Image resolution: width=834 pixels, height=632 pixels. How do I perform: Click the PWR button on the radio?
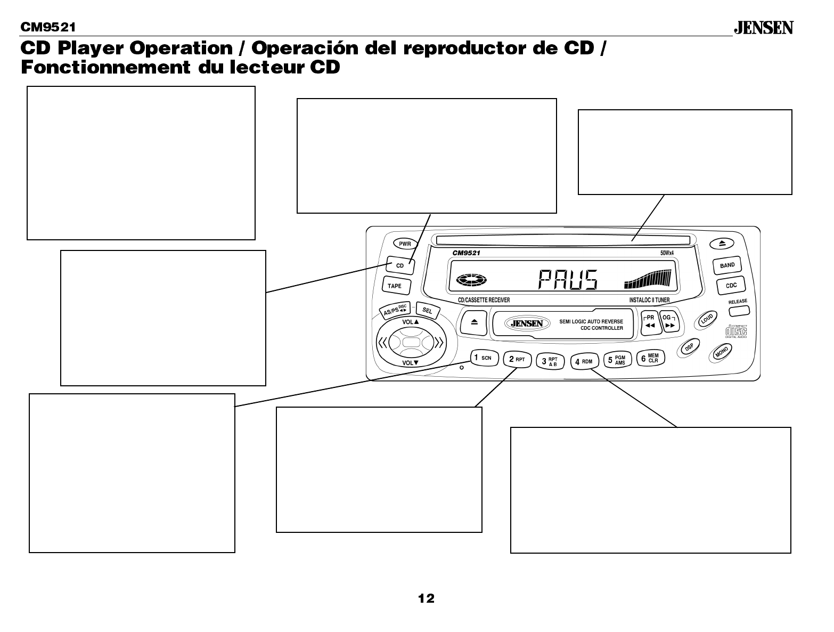click(x=405, y=244)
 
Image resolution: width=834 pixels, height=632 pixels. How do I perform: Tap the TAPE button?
click(x=395, y=286)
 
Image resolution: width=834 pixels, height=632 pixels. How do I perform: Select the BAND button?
click(x=727, y=265)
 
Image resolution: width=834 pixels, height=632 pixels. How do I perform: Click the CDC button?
click(x=731, y=286)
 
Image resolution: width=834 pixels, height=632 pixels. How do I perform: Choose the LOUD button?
click(x=706, y=319)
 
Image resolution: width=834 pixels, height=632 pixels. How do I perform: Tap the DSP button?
click(x=689, y=347)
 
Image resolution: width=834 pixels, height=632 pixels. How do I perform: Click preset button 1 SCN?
click(x=484, y=358)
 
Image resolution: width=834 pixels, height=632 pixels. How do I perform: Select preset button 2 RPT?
click(x=517, y=359)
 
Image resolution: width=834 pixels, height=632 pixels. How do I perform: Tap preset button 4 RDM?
click(x=584, y=361)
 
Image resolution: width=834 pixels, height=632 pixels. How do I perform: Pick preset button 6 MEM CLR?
click(x=650, y=359)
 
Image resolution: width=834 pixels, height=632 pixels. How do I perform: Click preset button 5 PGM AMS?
click(x=617, y=360)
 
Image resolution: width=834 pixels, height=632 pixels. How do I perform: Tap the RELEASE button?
click(x=738, y=308)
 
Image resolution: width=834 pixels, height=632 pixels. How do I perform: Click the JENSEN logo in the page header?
click(x=764, y=28)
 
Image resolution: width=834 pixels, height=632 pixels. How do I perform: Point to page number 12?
click(x=426, y=598)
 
